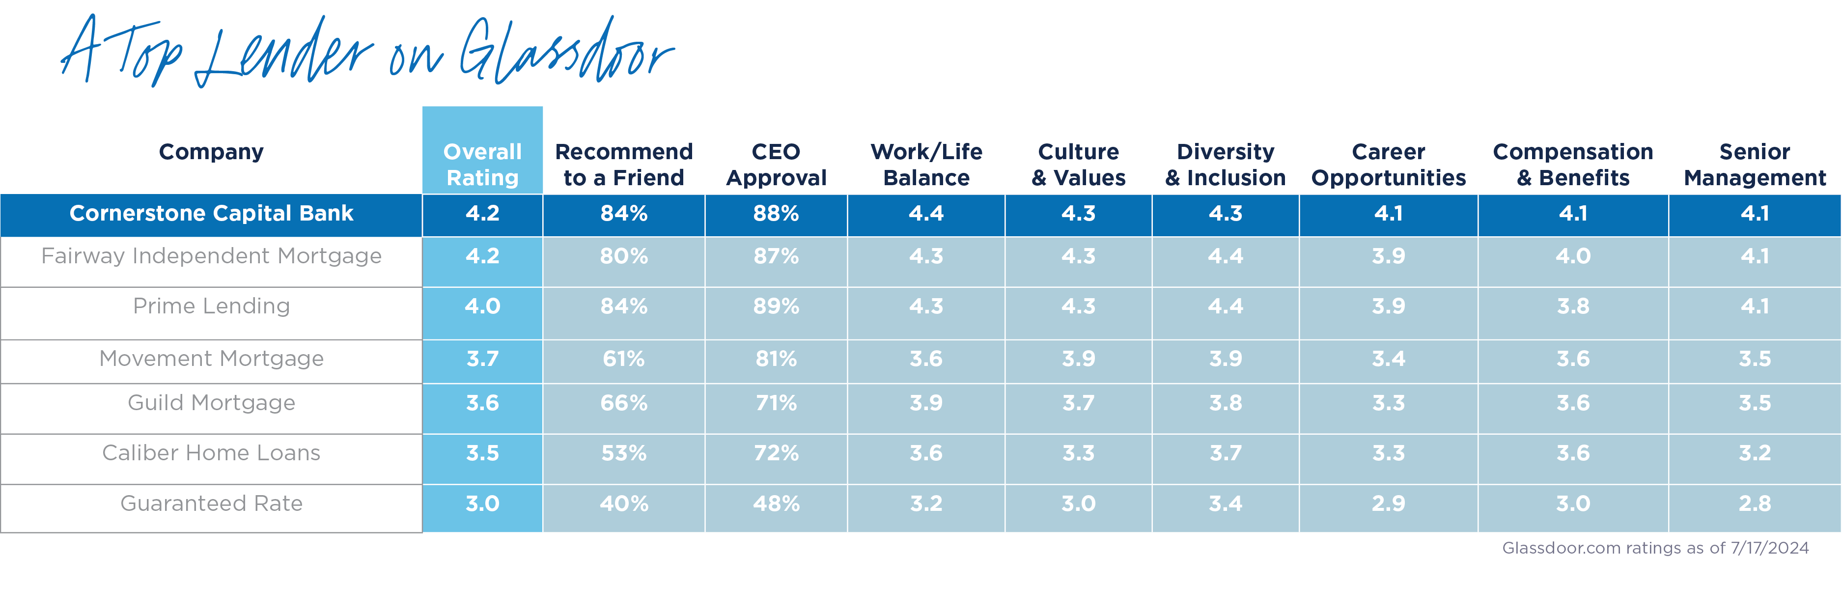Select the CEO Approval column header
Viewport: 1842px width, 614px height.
(x=776, y=165)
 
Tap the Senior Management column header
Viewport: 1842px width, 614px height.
(x=1754, y=165)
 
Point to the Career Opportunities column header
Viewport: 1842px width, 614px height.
(x=1388, y=165)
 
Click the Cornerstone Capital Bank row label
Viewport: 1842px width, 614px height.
(x=211, y=213)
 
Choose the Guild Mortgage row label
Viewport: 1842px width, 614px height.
(x=211, y=402)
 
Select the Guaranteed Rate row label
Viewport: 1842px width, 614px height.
(x=211, y=503)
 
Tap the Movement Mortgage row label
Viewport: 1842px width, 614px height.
(x=211, y=358)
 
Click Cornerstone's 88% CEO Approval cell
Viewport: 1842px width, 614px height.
(x=776, y=213)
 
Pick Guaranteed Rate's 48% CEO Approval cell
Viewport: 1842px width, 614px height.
(x=776, y=503)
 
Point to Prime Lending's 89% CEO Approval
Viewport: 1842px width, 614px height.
(x=776, y=306)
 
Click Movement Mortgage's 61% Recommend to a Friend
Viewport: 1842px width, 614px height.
(x=623, y=358)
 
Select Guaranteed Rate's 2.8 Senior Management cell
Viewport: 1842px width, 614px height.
(x=1754, y=503)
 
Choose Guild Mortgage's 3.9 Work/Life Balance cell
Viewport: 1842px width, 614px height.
(x=926, y=402)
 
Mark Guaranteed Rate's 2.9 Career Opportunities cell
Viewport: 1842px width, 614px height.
(x=1388, y=503)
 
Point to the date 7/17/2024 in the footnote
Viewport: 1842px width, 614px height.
(x=1768, y=548)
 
